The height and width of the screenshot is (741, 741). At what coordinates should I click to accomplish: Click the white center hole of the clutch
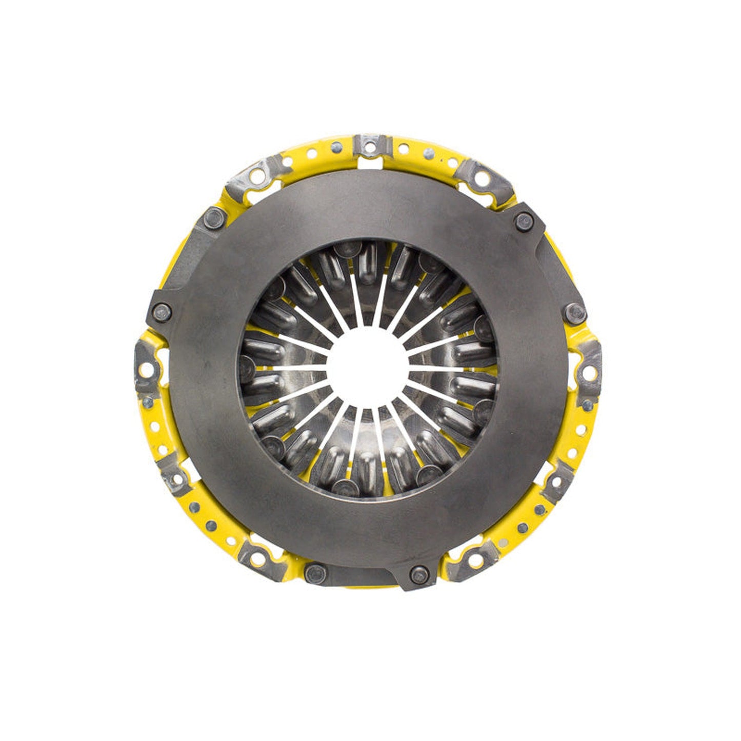[x=367, y=368]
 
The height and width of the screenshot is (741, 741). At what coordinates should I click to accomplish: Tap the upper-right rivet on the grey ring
[x=523, y=222]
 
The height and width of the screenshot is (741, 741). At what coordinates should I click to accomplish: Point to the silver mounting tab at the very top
[x=371, y=146]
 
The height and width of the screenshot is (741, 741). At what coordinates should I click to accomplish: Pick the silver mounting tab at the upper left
[x=247, y=175]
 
